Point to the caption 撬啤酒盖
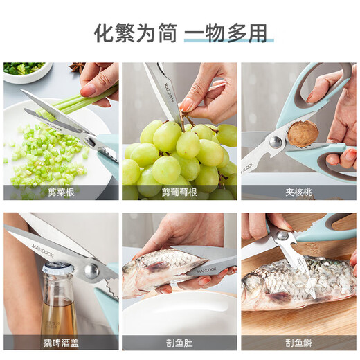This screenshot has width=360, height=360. [60, 342]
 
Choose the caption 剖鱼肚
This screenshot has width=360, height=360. [179, 342]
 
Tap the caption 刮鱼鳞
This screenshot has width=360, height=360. [298, 342]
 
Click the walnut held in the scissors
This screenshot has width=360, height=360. [302, 133]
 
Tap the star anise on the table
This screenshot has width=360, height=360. [76, 67]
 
